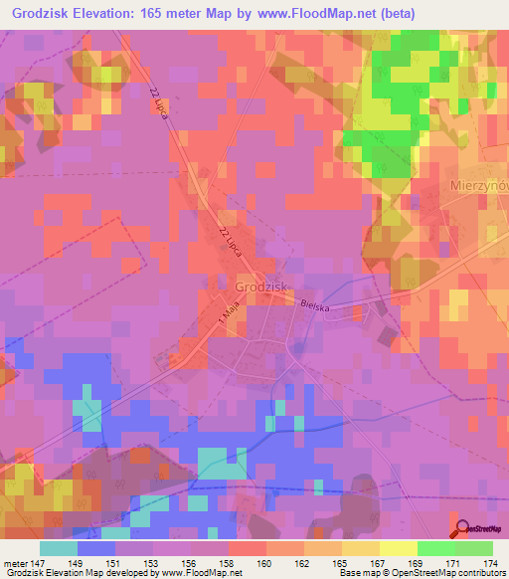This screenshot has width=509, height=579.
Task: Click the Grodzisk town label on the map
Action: click(261, 287)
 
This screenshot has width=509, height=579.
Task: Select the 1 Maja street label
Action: click(218, 318)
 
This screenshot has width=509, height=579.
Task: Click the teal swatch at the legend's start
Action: click(59, 549)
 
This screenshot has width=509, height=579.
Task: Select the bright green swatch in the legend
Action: click(435, 549)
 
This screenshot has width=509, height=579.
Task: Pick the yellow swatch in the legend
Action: click(398, 549)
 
